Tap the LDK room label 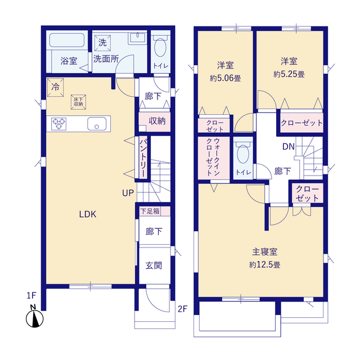(88, 214)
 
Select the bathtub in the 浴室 (67, 40)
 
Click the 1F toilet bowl (160, 47)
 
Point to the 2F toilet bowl (242, 154)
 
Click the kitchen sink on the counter (97, 124)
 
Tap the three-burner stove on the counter (59, 124)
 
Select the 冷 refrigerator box (55, 87)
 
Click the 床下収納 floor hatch (79, 102)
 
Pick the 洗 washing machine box (102, 43)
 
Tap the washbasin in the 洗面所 (137, 39)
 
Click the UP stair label (128, 193)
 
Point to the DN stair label (289, 146)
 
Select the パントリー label (143, 157)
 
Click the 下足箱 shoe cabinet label (150, 211)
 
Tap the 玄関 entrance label (154, 265)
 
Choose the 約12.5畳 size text (265, 265)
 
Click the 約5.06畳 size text (226, 78)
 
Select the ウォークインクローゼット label (213, 157)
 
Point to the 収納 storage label (157, 121)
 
